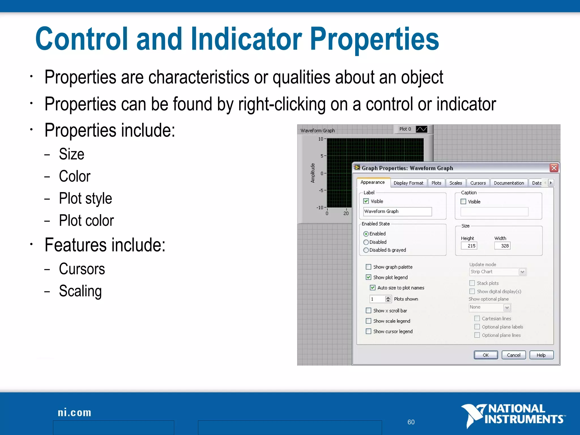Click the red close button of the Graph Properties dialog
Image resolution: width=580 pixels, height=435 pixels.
click(554, 168)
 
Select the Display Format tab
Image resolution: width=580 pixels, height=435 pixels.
click(408, 183)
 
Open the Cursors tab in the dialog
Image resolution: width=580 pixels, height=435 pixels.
click(478, 183)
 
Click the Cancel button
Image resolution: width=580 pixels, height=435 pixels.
click(513, 355)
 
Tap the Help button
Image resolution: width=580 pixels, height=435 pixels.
click(541, 355)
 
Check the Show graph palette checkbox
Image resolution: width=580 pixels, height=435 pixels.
click(368, 267)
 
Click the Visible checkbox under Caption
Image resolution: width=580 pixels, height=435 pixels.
click(463, 202)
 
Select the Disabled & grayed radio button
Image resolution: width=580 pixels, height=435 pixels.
click(366, 250)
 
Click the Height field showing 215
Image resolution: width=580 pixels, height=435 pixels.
click(469, 246)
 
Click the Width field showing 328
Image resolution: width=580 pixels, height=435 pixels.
click(502, 246)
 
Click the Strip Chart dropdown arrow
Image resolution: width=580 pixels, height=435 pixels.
click(523, 272)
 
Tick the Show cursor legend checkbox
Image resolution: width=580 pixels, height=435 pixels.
click(368, 331)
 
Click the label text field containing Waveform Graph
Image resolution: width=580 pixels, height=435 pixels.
click(397, 212)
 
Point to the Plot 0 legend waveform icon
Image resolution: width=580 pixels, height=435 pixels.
click(421, 129)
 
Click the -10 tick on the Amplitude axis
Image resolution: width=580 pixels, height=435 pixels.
click(320, 207)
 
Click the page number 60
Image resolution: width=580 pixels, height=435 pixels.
click(411, 422)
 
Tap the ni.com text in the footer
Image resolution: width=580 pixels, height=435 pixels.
click(74, 413)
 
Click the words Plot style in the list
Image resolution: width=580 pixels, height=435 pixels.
click(85, 198)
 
